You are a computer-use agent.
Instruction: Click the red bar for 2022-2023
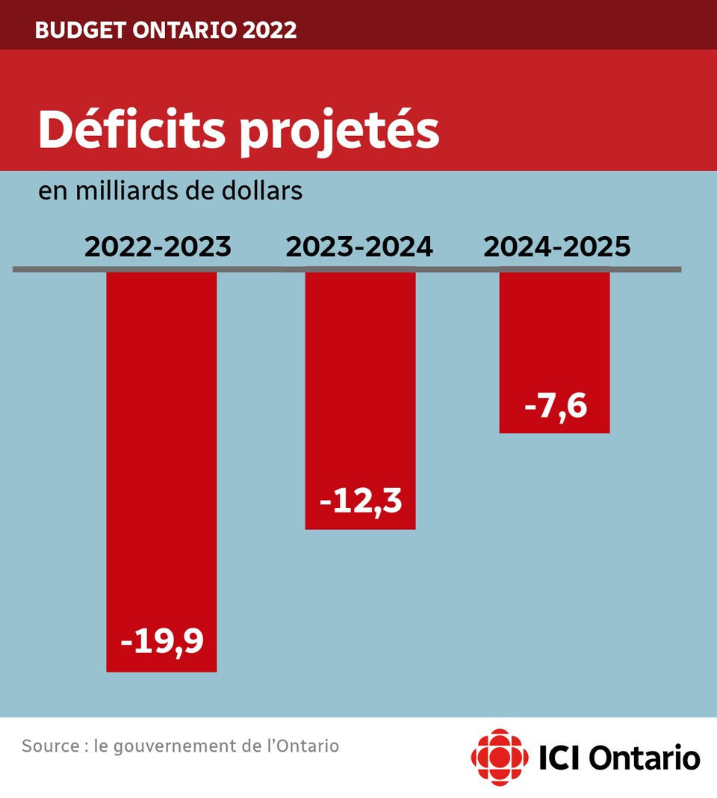click(161, 448)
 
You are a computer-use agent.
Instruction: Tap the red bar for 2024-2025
click(554, 336)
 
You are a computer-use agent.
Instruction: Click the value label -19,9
click(162, 642)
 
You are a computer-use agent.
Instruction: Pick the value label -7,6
click(556, 407)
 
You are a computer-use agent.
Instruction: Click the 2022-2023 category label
click(158, 247)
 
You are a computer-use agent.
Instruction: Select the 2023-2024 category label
click(358, 247)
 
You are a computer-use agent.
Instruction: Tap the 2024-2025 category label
click(557, 247)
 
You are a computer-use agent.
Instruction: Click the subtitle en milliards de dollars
click(170, 191)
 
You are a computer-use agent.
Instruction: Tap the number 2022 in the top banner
click(271, 31)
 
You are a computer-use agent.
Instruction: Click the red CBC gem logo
click(499, 758)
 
